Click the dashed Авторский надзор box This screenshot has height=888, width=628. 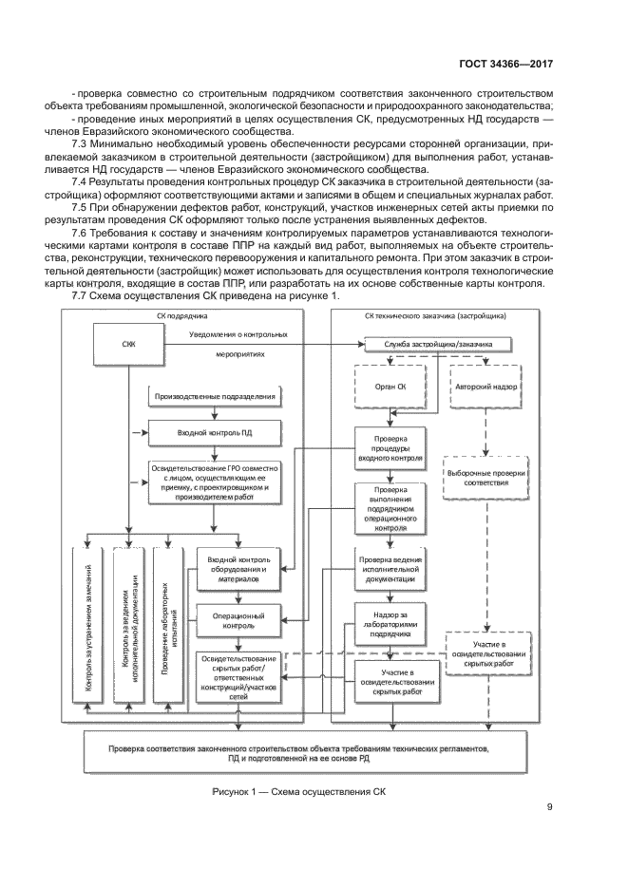(486, 387)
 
